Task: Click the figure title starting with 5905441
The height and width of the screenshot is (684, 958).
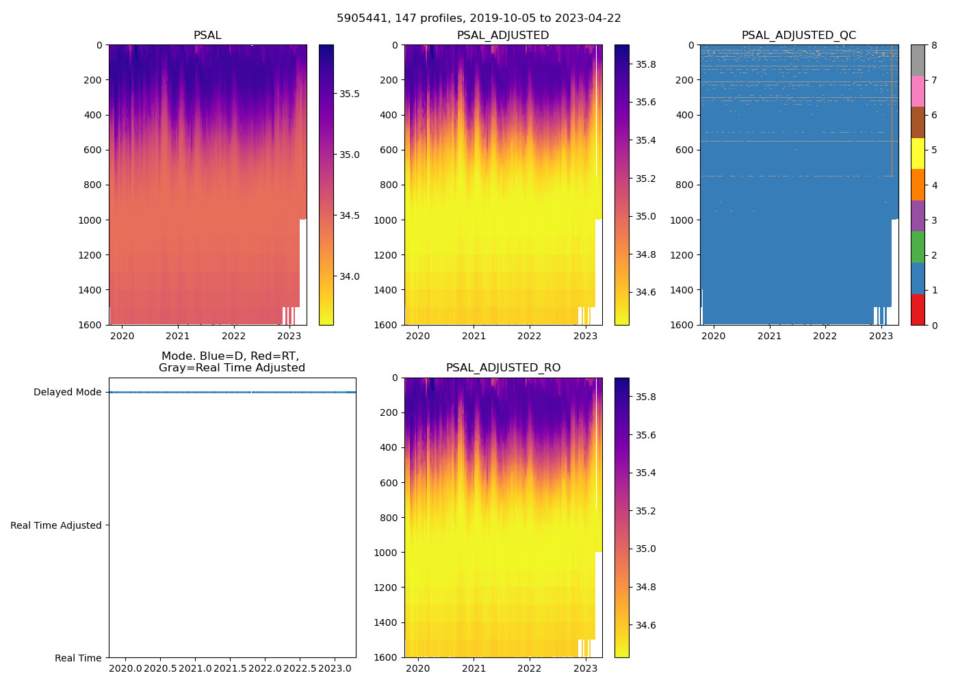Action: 478,18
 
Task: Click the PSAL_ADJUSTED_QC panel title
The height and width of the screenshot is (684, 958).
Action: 799,36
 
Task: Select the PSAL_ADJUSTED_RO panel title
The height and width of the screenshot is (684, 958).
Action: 503,368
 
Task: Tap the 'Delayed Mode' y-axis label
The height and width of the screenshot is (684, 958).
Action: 67,393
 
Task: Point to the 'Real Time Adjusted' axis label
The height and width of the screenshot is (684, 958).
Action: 56,525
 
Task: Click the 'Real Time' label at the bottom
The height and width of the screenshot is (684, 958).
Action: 78,658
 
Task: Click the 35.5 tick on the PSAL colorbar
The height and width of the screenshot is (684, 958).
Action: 350,94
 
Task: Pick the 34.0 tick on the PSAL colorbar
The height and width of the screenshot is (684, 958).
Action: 350,276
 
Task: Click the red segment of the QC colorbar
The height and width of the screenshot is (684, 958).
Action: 918,309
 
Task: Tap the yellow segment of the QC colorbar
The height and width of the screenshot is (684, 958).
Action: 918,153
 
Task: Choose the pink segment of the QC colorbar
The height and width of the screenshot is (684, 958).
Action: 918,91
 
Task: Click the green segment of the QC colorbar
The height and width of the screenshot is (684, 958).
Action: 918,247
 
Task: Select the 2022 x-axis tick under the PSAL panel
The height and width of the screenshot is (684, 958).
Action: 233,336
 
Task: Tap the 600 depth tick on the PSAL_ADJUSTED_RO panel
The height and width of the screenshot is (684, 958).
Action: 389,483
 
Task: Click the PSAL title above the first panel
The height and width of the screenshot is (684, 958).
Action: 207,36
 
